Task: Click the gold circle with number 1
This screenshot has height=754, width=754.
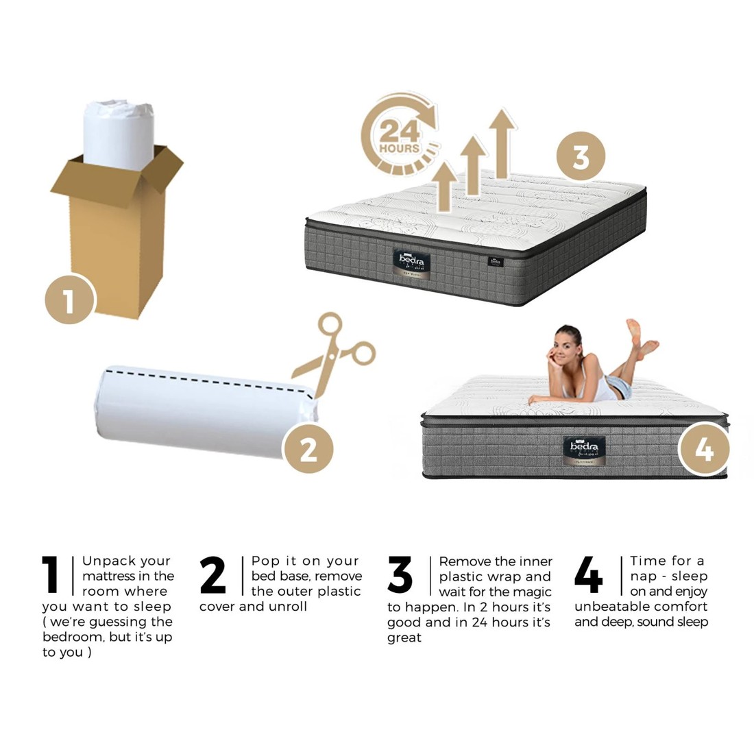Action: pos(69,299)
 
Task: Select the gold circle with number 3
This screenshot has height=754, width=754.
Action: pos(580,156)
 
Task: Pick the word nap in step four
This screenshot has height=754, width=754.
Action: pos(643,576)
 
